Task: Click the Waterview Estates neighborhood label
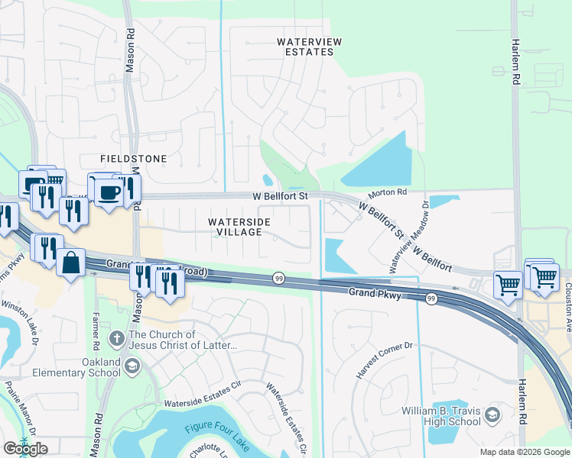point(305,47)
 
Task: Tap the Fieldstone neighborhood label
point(133,159)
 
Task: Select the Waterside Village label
point(239,227)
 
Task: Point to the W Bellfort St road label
point(280,196)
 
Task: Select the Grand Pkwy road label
point(375,292)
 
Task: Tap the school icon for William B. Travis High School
point(492,415)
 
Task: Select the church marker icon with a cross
point(116,339)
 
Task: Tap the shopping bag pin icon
point(70,263)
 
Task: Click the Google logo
point(25,448)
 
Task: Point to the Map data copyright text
point(524,452)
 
